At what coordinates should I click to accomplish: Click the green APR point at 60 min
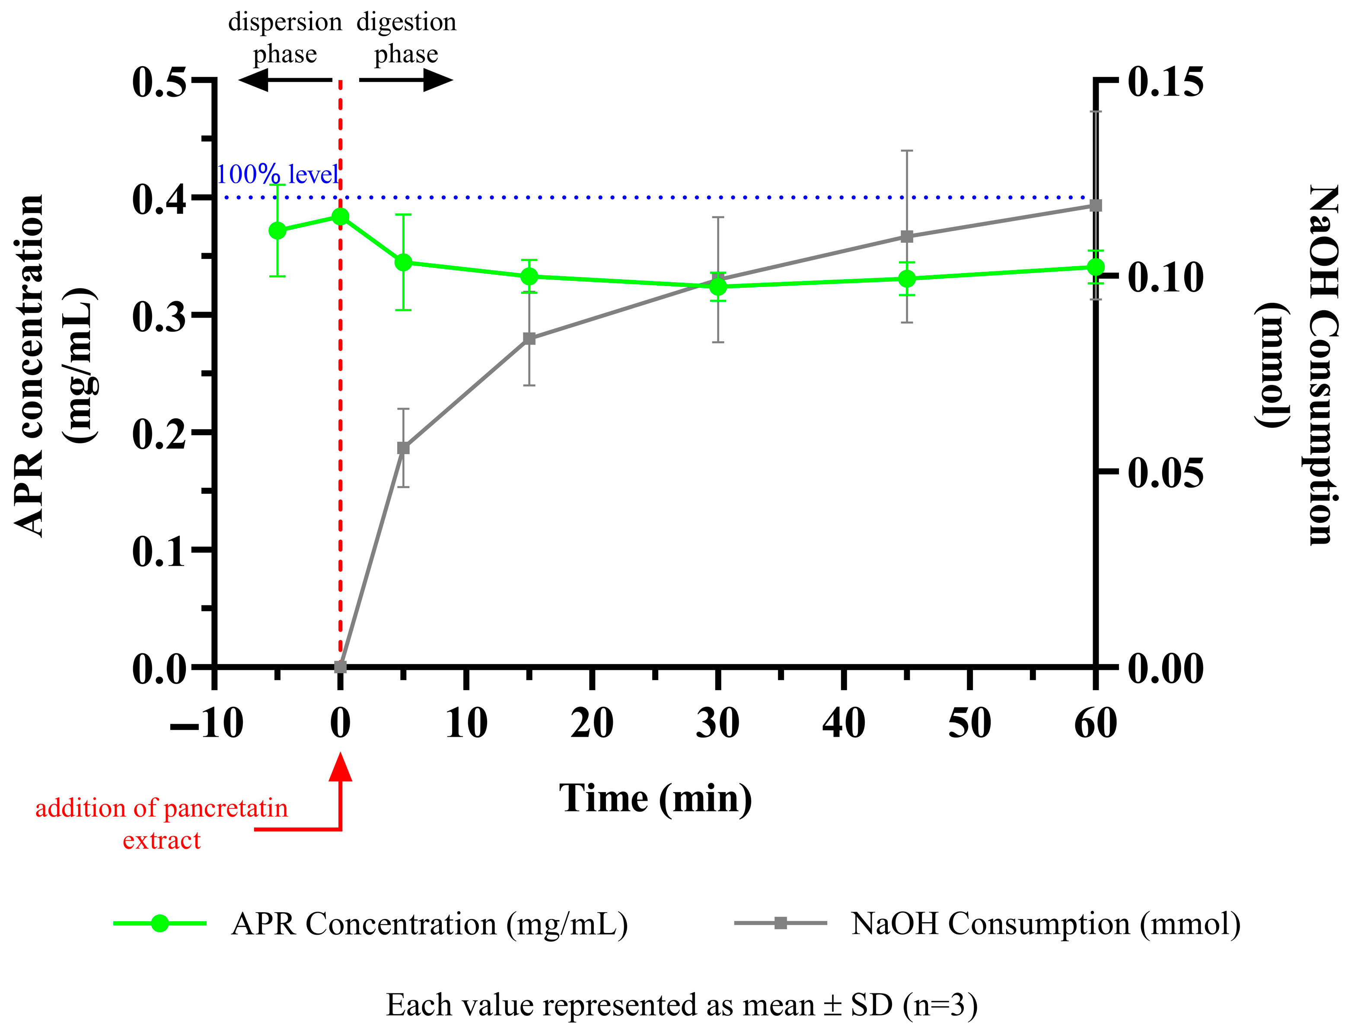tap(1095, 267)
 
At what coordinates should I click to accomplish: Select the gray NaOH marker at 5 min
tap(403, 448)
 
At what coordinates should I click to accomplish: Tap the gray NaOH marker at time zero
tap(341, 666)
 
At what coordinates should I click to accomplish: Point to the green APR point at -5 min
tap(277, 231)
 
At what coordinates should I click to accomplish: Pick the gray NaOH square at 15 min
tap(529, 339)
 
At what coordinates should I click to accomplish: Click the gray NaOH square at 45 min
tap(907, 236)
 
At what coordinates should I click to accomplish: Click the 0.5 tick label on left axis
tap(158, 82)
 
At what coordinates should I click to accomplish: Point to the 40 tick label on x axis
tap(844, 723)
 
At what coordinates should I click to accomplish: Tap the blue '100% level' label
tap(277, 175)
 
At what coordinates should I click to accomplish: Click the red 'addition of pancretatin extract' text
tap(162, 824)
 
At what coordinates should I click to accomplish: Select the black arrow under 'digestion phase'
tap(406, 80)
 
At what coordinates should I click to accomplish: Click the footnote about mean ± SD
tap(682, 1005)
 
